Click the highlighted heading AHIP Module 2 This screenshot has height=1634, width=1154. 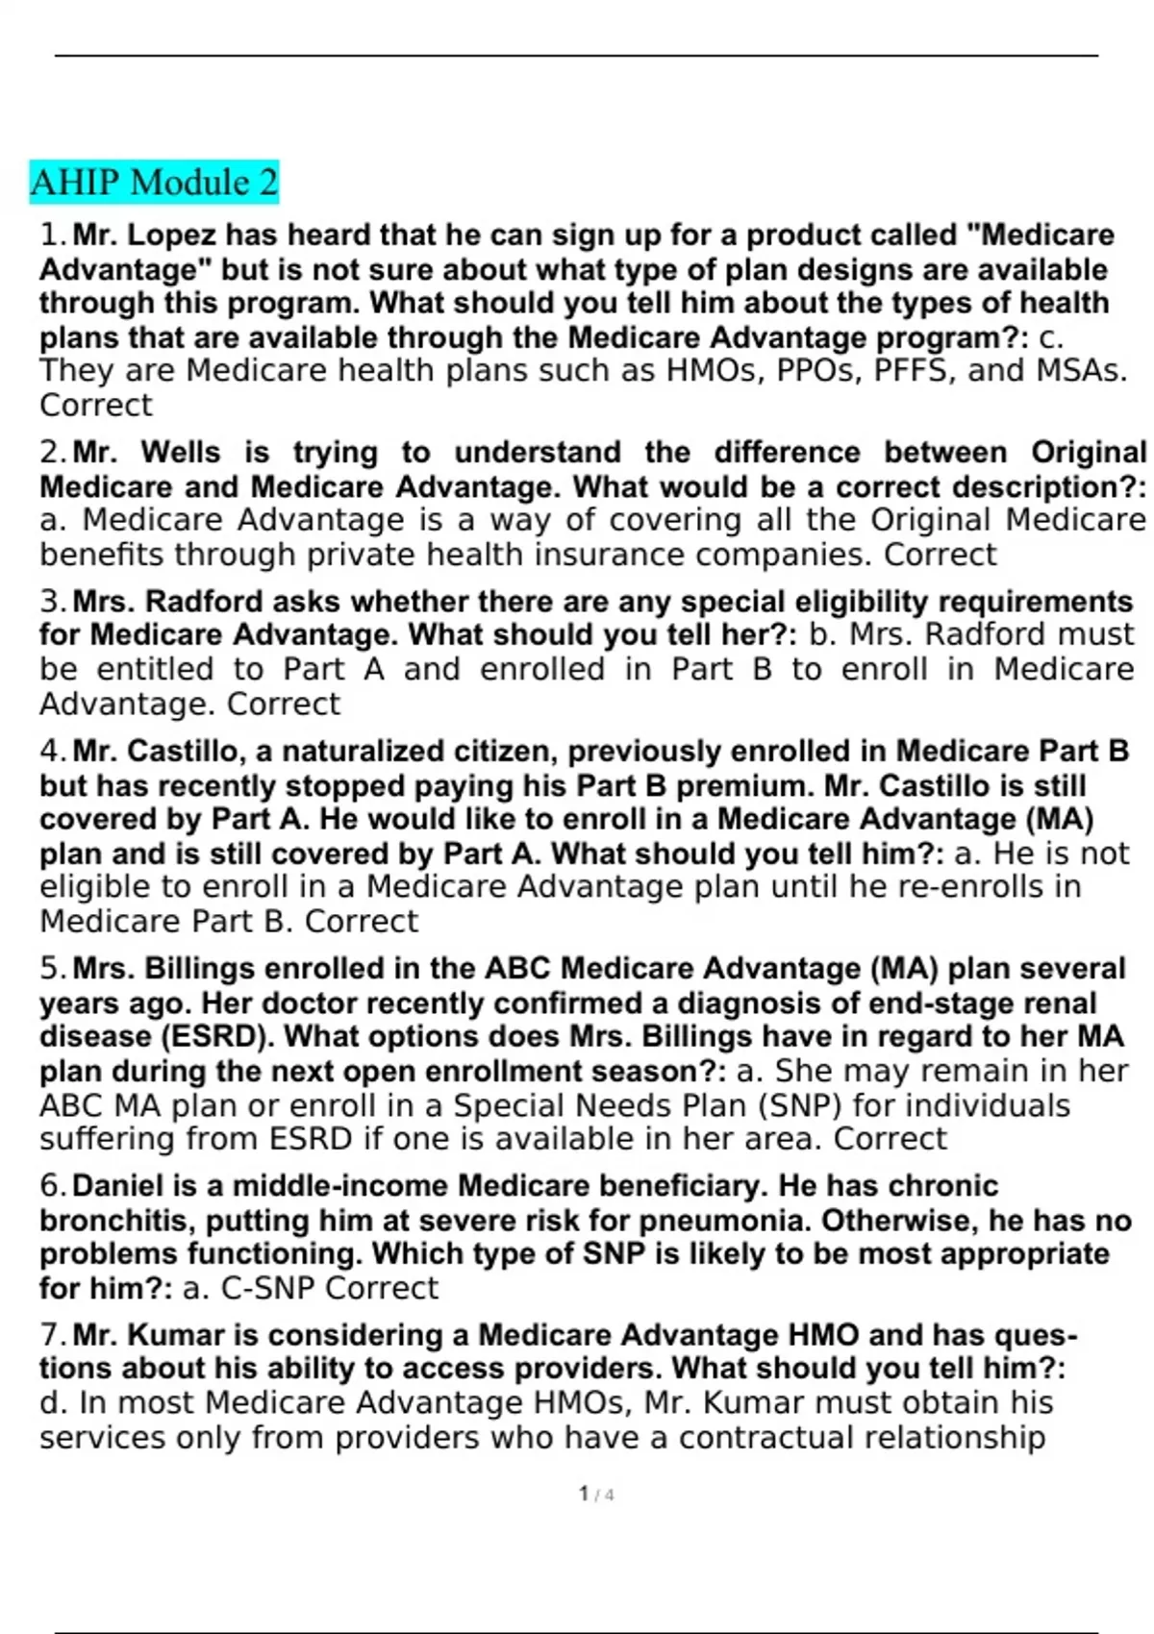coord(154,182)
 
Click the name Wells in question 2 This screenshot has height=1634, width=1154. coord(181,453)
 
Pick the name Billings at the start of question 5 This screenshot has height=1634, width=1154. coord(206,969)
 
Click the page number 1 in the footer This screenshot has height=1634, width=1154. coord(584,1494)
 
